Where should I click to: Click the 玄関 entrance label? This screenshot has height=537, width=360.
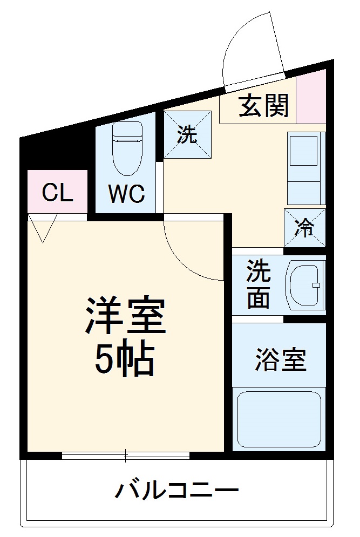tap(264, 106)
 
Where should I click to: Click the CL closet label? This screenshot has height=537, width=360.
tap(57, 192)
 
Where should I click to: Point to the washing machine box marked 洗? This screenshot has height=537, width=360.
tap(187, 135)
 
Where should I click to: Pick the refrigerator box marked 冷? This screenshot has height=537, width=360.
tap(305, 227)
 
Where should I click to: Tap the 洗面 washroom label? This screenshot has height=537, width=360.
tap(258, 285)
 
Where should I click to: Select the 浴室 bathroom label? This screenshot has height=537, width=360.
tap(280, 360)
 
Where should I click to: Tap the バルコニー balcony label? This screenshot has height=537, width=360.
tap(176, 491)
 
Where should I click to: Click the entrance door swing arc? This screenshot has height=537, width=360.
tap(254, 49)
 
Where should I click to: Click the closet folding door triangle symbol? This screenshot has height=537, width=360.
tap(43, 227)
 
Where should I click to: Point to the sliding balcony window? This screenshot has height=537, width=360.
tap(126, 456)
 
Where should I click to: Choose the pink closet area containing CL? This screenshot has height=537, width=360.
tap(57, 192)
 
